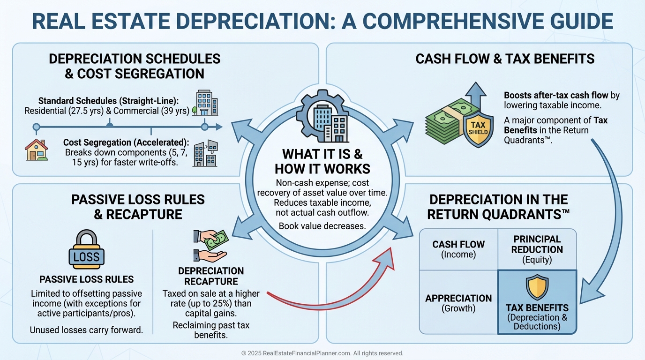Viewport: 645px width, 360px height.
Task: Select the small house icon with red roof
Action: (x=37, y=150)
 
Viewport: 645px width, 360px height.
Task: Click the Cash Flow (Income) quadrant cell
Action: (x=458, y=249)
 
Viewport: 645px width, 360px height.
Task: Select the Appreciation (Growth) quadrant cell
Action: (x=458, y=303)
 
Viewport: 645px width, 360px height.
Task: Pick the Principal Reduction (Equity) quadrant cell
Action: (x=537, y=249)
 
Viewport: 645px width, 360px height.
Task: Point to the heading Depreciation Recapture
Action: (x=210, y=276)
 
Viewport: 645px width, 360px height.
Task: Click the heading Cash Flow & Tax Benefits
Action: (x=505, y=59)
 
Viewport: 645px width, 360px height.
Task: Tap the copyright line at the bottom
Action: (x=322, y=353)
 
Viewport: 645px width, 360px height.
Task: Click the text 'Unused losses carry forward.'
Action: (x=86, y=330)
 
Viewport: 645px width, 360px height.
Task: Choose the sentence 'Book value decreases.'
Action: (x=322, y=226)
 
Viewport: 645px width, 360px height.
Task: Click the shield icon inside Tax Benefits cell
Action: (x=537, y=286)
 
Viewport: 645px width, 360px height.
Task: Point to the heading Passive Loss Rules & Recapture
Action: (x=138, y=206)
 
